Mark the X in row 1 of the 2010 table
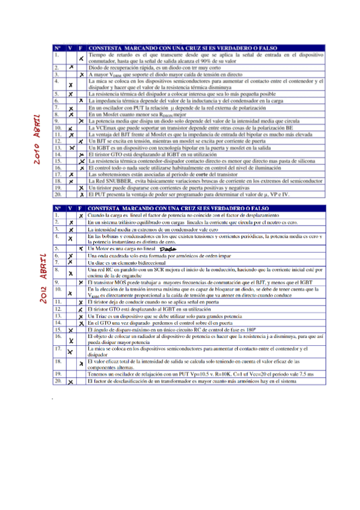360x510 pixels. point(81,57)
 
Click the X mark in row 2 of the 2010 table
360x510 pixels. point(70,67)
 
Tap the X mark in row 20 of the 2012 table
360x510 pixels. point(70,381)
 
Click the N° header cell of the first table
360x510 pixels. point(57,46)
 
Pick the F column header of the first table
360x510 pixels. point(81,46)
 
